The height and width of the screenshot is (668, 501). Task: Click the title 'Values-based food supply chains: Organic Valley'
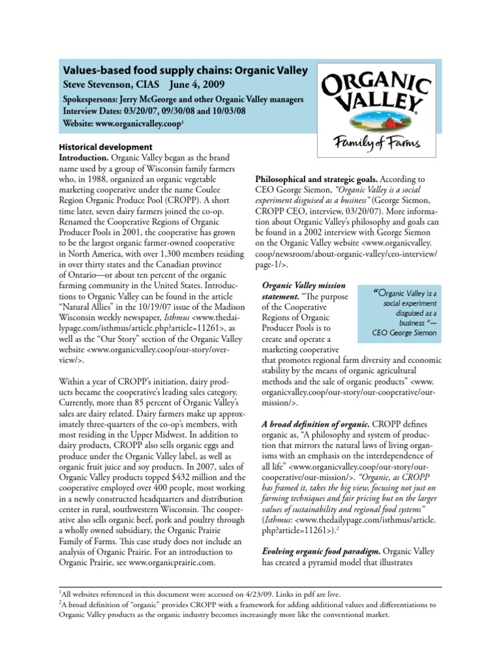184,70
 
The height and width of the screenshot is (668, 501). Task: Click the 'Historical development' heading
106,147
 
